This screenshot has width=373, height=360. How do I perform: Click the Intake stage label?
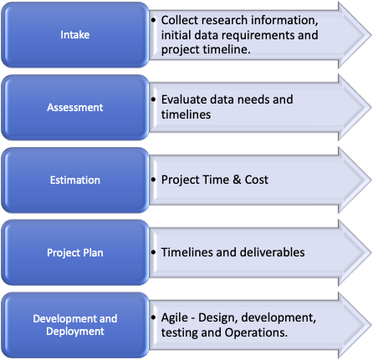coord(75,35)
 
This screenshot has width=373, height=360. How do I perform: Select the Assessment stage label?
coord(75,108)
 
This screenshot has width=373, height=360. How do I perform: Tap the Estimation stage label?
coord(75,180)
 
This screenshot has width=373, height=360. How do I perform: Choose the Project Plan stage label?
coord(75,253)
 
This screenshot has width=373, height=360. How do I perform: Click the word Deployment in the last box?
coord(75,332)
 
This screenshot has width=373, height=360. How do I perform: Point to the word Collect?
coord(176,20)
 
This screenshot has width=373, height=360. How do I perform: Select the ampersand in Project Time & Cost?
coord(237,180)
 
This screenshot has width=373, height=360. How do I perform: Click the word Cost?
coord(257,180)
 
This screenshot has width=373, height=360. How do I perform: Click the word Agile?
coord(175,318)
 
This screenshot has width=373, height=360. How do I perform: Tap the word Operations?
coord(256,332)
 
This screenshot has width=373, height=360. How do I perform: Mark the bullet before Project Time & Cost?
coord(153,180)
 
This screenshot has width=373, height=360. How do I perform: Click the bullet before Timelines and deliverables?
coord(153,252)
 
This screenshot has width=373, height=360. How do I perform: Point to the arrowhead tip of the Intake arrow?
coord(371,35)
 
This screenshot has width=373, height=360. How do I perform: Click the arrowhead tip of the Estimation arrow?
coord(371,180)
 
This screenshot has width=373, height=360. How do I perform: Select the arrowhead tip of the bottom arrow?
coord(371,326)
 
